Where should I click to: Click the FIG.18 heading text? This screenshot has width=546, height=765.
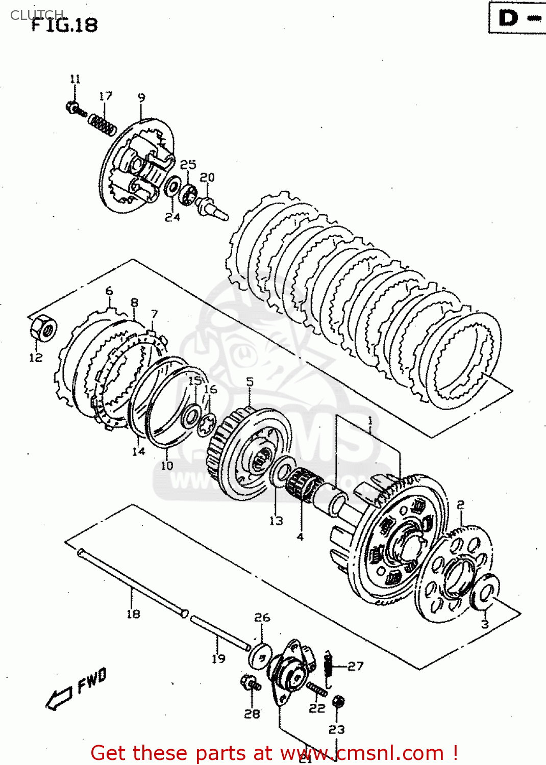(65, 25)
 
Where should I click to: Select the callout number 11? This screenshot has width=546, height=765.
(75, 79)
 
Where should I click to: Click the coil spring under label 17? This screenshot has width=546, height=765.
(102, 124)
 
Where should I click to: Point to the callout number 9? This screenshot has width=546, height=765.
(141, 97)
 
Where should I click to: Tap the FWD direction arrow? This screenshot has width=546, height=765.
(59, 698)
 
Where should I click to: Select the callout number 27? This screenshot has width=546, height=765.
(356, 666)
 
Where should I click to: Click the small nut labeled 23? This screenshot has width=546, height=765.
(338, 702)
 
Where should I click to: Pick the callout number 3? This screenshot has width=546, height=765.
(485, 624)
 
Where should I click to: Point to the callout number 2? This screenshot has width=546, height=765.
(460, 505)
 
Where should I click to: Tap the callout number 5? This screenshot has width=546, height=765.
(250, 382)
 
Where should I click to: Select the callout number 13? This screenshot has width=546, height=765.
(276, 521)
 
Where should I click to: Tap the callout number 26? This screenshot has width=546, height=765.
(262, 618)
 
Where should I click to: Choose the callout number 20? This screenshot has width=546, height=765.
(207, 177)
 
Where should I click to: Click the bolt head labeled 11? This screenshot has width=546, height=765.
(72, 107)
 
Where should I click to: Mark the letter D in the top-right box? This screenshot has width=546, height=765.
(508, 18)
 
